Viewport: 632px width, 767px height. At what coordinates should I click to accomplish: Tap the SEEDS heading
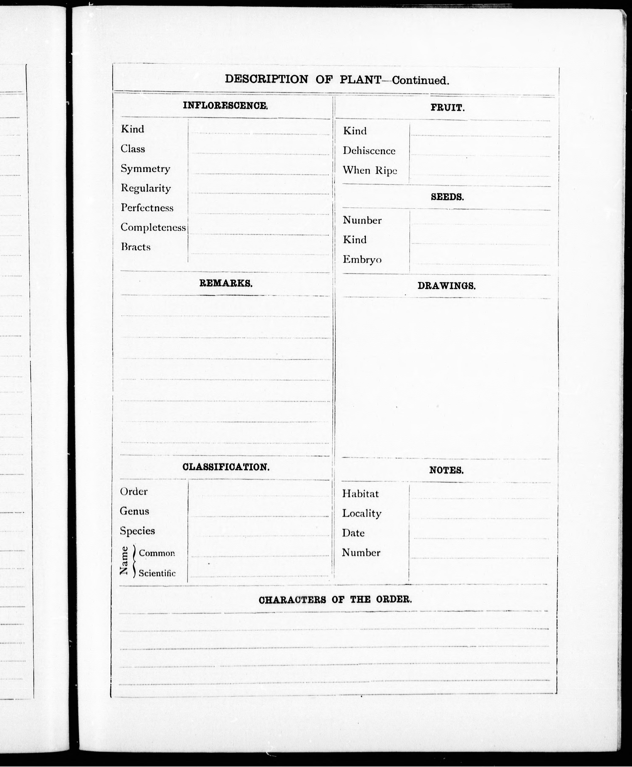pos(447,197)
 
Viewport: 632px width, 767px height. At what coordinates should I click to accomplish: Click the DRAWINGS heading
pos(446,286)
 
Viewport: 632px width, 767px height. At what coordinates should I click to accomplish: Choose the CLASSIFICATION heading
pos(226,467)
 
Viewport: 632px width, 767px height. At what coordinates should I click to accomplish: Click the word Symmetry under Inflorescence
pos(146,169)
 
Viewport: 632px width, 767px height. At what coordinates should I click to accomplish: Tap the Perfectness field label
pos(147,208)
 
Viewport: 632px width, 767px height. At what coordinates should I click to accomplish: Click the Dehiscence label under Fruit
pos(369,151)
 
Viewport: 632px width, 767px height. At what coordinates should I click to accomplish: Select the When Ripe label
pos(369,170)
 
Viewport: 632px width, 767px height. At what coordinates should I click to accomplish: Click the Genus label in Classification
pos(134,511)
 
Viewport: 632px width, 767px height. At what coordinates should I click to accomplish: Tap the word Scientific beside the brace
pos(157,573)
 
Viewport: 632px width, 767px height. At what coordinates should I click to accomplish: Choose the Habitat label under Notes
pos(360,494)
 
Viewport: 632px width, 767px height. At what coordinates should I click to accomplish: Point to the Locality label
pos(361,513)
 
